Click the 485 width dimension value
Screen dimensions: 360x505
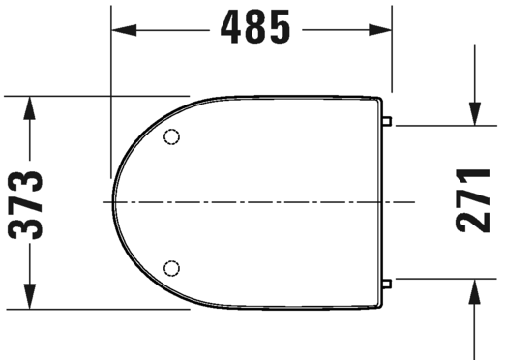(x=254, y=29)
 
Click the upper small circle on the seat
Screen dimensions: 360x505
(x=172, y=135)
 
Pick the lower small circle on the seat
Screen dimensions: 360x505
(x=172, y=266)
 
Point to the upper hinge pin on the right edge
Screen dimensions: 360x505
(x=388, y=123)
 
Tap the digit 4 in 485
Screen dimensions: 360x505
(x=228, y=29)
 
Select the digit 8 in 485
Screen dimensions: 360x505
(x=254, y=29)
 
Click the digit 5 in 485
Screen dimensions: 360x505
(x=281, y=29)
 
